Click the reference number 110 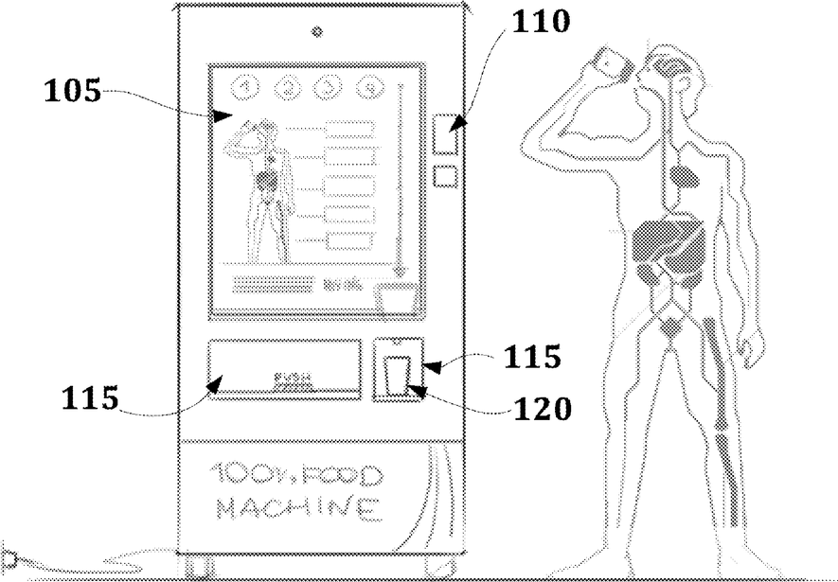(x=541, y=21)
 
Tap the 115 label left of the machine (x=91, y=398)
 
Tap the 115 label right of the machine (x=532, y=358)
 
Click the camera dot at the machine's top (x=317, y=31)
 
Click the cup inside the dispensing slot (x=396, y=374)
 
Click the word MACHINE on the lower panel (x=298, y=508)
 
